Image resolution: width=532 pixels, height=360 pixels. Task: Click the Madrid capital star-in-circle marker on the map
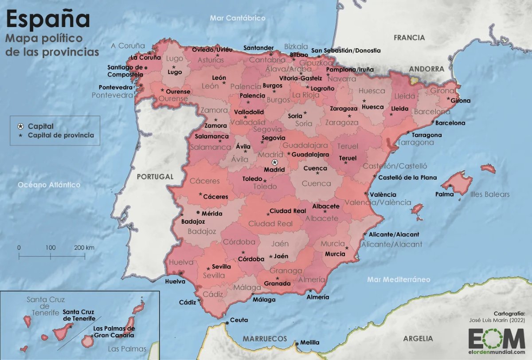(274, 162)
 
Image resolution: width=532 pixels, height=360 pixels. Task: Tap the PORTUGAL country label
(155, 176)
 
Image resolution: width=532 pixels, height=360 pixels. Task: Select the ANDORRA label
(426, 69)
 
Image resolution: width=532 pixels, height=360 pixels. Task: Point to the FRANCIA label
(409, 38)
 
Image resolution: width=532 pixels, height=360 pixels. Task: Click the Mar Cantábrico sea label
(238, 18)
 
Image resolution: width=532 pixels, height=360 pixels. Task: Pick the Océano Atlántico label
(49, 185)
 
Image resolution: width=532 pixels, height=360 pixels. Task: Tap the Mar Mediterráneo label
(399, 279)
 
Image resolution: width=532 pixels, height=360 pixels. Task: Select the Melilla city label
(309, 342)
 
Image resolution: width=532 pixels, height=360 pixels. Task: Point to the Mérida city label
(212, 213)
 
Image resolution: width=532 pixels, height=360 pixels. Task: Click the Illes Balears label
(490, 194)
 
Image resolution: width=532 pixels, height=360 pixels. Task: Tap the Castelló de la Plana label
(407, 177)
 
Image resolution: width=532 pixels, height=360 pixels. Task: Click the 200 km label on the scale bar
(84, 247)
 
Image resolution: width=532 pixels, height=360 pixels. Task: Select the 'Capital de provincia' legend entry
(61, 135)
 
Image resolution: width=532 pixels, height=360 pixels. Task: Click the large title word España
(48, 20)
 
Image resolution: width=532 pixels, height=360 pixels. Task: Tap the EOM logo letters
(497, 339)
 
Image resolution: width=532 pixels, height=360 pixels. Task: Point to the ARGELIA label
(418, 338)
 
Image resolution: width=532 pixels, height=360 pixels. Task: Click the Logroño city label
(322, 88)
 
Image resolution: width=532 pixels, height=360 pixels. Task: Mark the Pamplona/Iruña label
(350, 70)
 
